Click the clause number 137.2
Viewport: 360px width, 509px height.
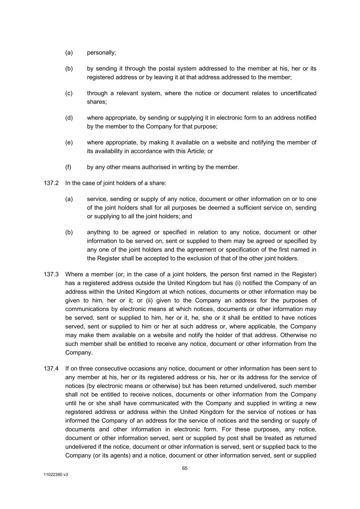point(51,183)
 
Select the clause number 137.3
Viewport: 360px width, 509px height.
point(51,274)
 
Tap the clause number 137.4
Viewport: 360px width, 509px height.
point(51,368)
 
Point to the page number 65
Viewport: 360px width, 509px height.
point(185,468)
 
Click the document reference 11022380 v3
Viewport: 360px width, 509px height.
point(56,475)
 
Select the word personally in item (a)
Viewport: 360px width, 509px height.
point(101,53)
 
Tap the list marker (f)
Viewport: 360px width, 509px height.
point(68,167)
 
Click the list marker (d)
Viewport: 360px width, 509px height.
point(69,118)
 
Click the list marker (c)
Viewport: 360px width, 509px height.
point(69,93)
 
